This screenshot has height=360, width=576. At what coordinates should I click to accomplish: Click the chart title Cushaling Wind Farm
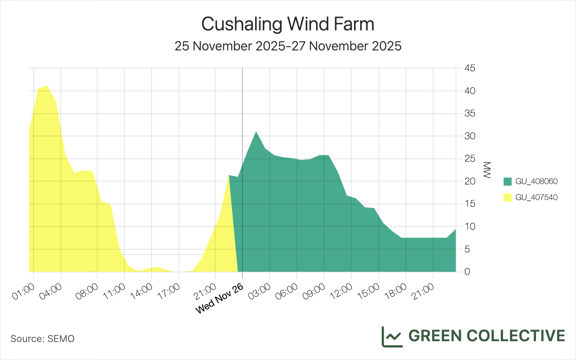[288, 24]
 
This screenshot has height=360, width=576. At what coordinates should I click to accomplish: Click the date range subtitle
[288, 46]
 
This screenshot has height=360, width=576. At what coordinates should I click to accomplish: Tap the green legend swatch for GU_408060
[508, 182]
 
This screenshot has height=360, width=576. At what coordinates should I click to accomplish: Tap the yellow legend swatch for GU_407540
[508, 198]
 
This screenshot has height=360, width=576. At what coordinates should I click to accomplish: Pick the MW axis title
[487, 170]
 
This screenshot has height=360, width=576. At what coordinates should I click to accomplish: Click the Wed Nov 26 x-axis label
[220, 299]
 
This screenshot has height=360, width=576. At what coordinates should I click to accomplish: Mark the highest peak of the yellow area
[47, 86]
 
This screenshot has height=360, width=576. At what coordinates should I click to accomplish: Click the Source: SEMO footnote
[42, 339]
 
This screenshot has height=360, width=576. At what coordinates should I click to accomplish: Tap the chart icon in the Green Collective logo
[392, 336]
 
